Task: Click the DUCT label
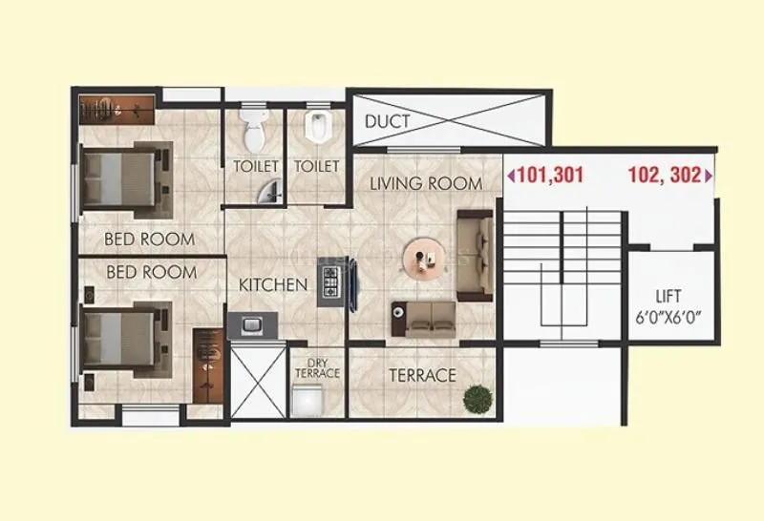click(388, 121)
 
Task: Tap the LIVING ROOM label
click(426, 183)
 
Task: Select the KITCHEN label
click(273, 284)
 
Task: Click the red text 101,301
click(549, 176)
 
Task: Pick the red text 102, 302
click(664, 176)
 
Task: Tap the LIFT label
click(668, 295)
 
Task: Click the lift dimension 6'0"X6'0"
click(668, 317)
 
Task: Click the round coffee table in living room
click(421, 258)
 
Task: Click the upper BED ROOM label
click(150, 239)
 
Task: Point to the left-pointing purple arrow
click(510, 176)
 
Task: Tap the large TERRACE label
click(422, 375)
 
